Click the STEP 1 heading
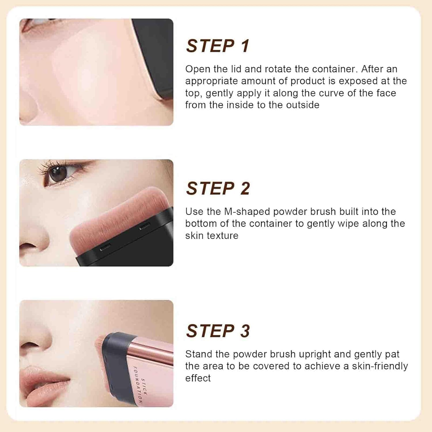(218, 46)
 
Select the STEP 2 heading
(218, 189)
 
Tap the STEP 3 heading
(218, 331)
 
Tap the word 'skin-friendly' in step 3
(380, 366)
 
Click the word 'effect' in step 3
(198, 378)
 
